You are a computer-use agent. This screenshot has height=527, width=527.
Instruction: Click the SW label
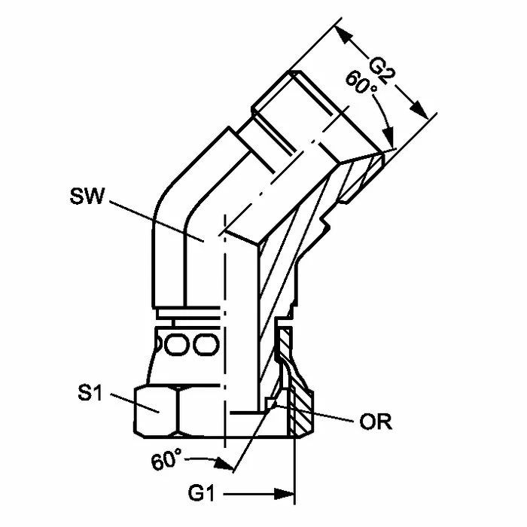(x=87, y=196)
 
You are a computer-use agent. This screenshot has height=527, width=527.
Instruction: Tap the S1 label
(x=90, y=392)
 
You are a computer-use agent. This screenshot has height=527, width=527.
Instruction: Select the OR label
(x=376, y=422)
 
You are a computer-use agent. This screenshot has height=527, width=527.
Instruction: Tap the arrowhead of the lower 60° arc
(x=224, y=464)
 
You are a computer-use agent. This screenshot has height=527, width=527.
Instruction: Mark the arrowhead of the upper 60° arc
(x=388, y=138)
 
